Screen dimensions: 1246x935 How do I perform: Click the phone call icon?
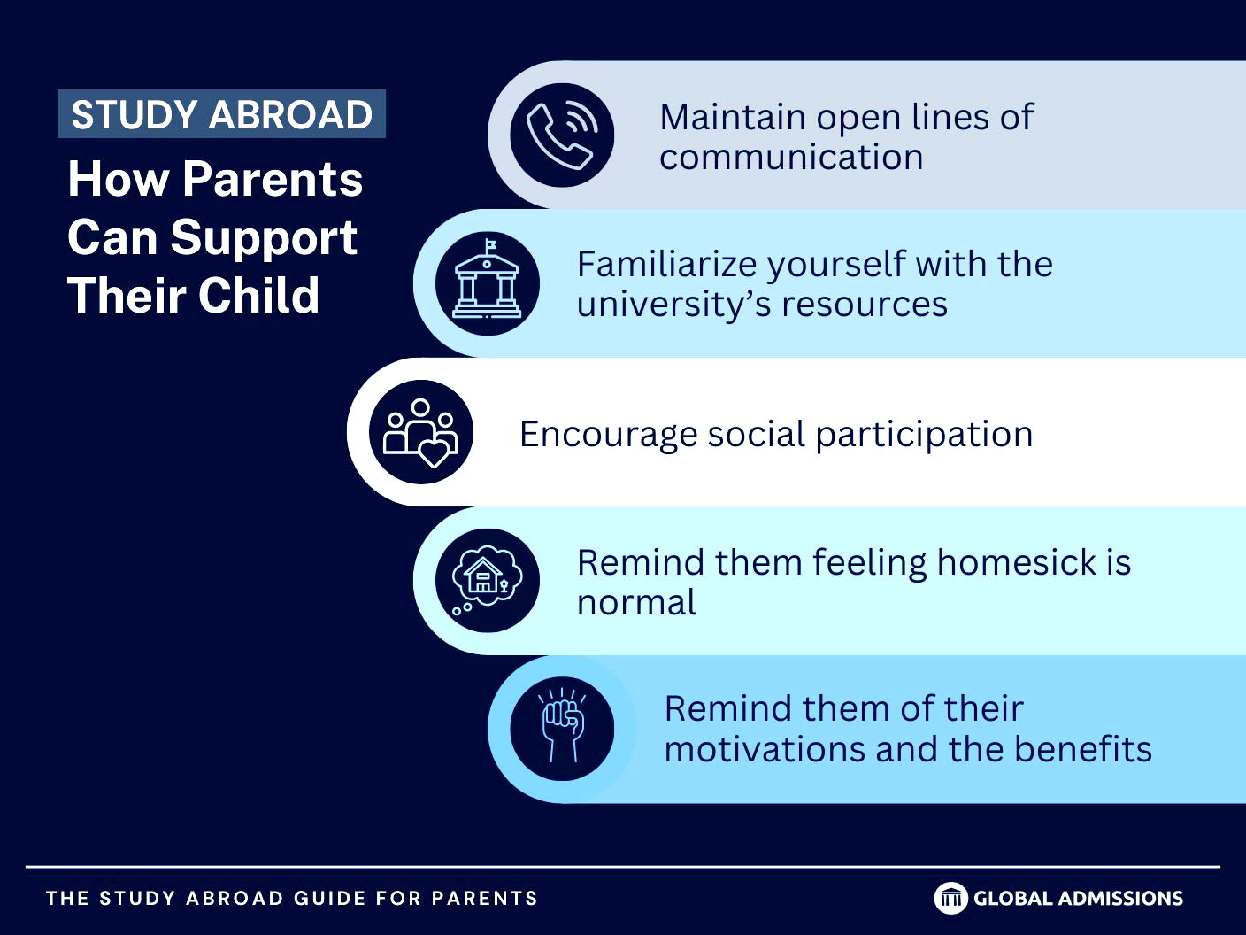[561, 135]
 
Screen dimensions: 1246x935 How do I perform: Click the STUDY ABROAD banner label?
[221, 113]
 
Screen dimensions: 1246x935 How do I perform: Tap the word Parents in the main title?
[273, 179]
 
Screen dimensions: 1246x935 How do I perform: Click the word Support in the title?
[264, 238]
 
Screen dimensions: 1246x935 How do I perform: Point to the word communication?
[791, 157]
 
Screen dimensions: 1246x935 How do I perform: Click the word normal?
[636, 602]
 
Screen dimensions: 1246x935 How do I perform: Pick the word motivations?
[765, 749]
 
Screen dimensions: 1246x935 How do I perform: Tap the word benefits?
[1083, 749]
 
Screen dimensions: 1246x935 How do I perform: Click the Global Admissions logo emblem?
[950, 898]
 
